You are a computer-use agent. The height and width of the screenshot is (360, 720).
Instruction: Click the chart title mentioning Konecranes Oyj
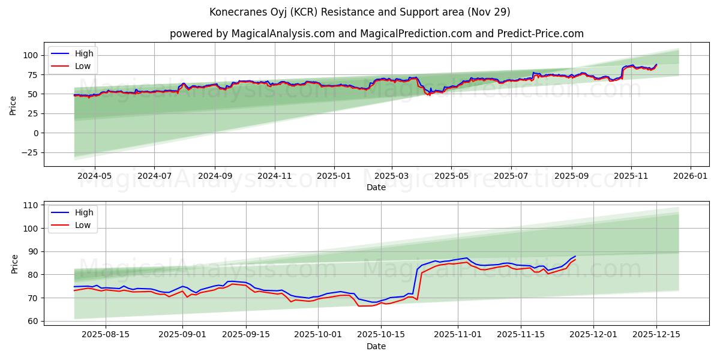tap(359, 12)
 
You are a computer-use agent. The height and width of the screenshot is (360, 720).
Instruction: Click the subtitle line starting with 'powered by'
tap(376, 34)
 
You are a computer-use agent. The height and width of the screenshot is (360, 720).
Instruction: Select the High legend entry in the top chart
tap(83, 54)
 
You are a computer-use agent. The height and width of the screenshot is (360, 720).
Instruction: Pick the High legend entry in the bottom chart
tap(83, 212)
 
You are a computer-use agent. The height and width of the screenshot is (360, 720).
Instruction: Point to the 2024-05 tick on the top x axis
tap(95, 176)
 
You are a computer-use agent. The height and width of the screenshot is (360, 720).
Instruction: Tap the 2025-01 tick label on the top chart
tap(333, 176)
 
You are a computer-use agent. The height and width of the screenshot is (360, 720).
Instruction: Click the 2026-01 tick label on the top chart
tap(690, 176)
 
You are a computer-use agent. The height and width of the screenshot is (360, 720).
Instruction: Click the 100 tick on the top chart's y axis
tap(30, 55)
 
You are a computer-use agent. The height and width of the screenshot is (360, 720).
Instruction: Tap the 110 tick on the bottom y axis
tap(30, 205)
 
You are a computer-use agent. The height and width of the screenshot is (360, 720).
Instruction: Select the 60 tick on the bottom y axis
tap(32, 321)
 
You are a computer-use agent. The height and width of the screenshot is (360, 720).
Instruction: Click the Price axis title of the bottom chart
tap(15, 263)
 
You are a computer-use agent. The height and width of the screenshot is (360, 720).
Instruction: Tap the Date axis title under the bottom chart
tap(376, 346)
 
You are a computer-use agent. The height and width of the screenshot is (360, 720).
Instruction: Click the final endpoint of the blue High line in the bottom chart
tap(575, 256)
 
